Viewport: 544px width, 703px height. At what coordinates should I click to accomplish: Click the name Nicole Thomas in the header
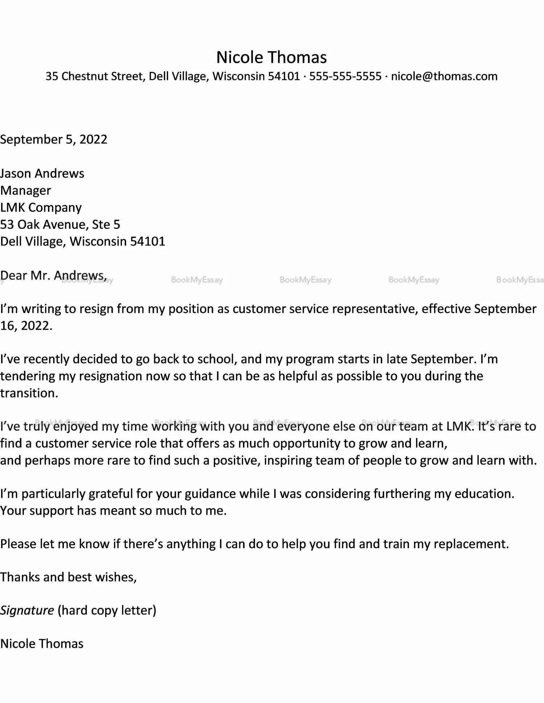271,57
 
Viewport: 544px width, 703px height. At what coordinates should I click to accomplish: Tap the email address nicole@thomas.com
444,77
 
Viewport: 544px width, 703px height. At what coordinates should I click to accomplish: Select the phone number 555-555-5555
345,77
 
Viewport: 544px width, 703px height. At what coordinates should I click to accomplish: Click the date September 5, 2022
54,140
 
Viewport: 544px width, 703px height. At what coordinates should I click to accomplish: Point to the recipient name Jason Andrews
42,173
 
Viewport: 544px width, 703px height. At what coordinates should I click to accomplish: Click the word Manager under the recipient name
26,190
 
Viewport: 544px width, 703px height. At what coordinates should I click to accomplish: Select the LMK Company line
41,207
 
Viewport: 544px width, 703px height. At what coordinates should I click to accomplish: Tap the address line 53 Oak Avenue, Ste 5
60,225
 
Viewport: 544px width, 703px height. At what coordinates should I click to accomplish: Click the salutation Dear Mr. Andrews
53,276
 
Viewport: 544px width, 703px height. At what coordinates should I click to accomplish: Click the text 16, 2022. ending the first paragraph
26,326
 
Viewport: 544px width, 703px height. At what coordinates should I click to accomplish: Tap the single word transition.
29,393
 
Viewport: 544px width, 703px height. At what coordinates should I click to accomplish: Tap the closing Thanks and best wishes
68,577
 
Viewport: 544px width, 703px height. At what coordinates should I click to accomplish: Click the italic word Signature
27,610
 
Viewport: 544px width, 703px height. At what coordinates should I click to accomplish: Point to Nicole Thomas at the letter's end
42,644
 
